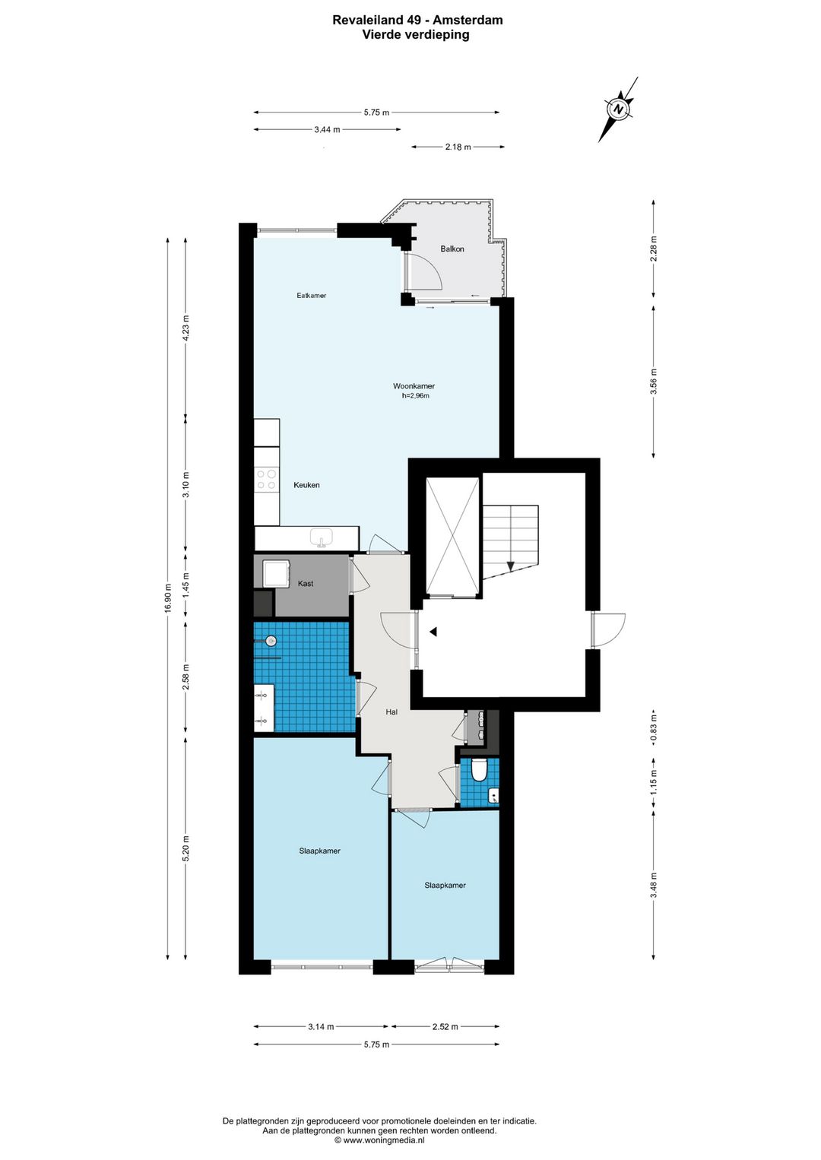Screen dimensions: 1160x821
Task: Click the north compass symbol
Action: coord(619,109)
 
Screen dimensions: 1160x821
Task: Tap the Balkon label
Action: coord(452,249)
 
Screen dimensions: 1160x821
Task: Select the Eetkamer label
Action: coord(311,295)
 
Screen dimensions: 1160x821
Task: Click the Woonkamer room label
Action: coord(414,386)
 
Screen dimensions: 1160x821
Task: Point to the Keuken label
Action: coord(306,485)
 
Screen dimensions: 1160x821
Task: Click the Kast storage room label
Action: coord(306,584)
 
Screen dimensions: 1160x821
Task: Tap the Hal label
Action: coord(391,712)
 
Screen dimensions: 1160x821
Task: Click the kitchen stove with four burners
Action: coord(266,479)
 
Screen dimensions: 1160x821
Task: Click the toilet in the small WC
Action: coord(479,770)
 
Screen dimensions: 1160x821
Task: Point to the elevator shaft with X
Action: coord(452,536)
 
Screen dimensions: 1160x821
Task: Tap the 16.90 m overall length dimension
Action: coord(168,597)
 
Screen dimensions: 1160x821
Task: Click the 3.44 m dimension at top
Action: coord(327,129)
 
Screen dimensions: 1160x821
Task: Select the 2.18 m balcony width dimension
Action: coord(458,147)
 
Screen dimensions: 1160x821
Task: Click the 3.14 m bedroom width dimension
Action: coord(321,1026)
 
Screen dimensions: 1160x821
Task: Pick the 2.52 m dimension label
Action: coord(445,1026)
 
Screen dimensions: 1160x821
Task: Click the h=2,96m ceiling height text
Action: coord(415,396)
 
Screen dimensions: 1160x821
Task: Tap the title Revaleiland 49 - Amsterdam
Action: coord(417,20)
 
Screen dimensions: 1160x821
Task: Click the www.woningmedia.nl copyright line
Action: coord(379,1140)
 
